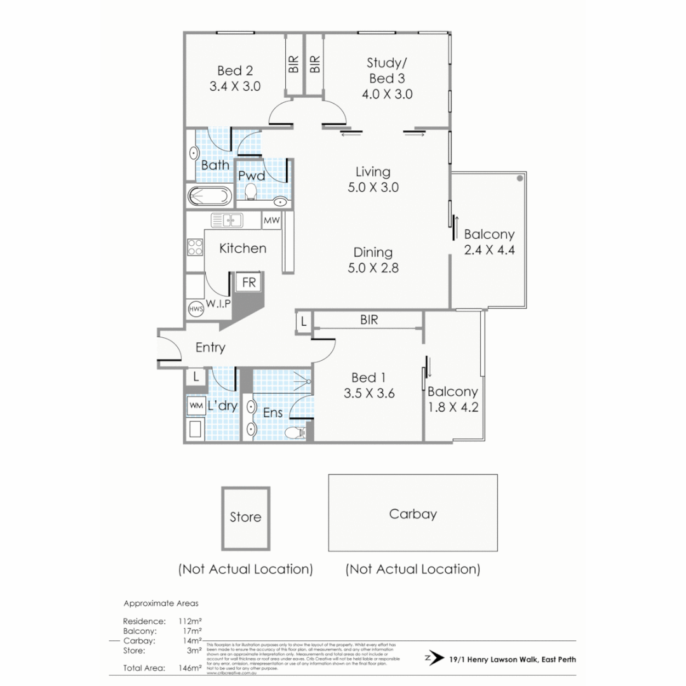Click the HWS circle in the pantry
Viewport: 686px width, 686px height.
[x=196, y=309]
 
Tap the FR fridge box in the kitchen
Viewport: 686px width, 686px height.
[x=249, y=283]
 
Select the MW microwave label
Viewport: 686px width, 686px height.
[x=271, y=221]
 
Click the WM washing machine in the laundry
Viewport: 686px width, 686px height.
[x=195, y=405]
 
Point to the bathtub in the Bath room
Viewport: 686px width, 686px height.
[x=209, y=196]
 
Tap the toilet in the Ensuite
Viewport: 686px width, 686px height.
[x=295, y=433]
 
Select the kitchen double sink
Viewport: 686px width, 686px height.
[x=227, y=221]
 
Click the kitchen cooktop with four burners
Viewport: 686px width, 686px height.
[x=194, y=246]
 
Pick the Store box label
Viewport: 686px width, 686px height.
[x=245, y=517]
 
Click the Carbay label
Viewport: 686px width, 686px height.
[x=413, y=514]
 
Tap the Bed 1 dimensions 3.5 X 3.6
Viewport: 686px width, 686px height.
[x=369, y=393]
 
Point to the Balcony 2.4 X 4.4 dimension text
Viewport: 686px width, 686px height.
[x=489, y=250]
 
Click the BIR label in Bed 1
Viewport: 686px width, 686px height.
[x=369, y=320]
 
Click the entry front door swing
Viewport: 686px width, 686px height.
[x=168, y=348]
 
